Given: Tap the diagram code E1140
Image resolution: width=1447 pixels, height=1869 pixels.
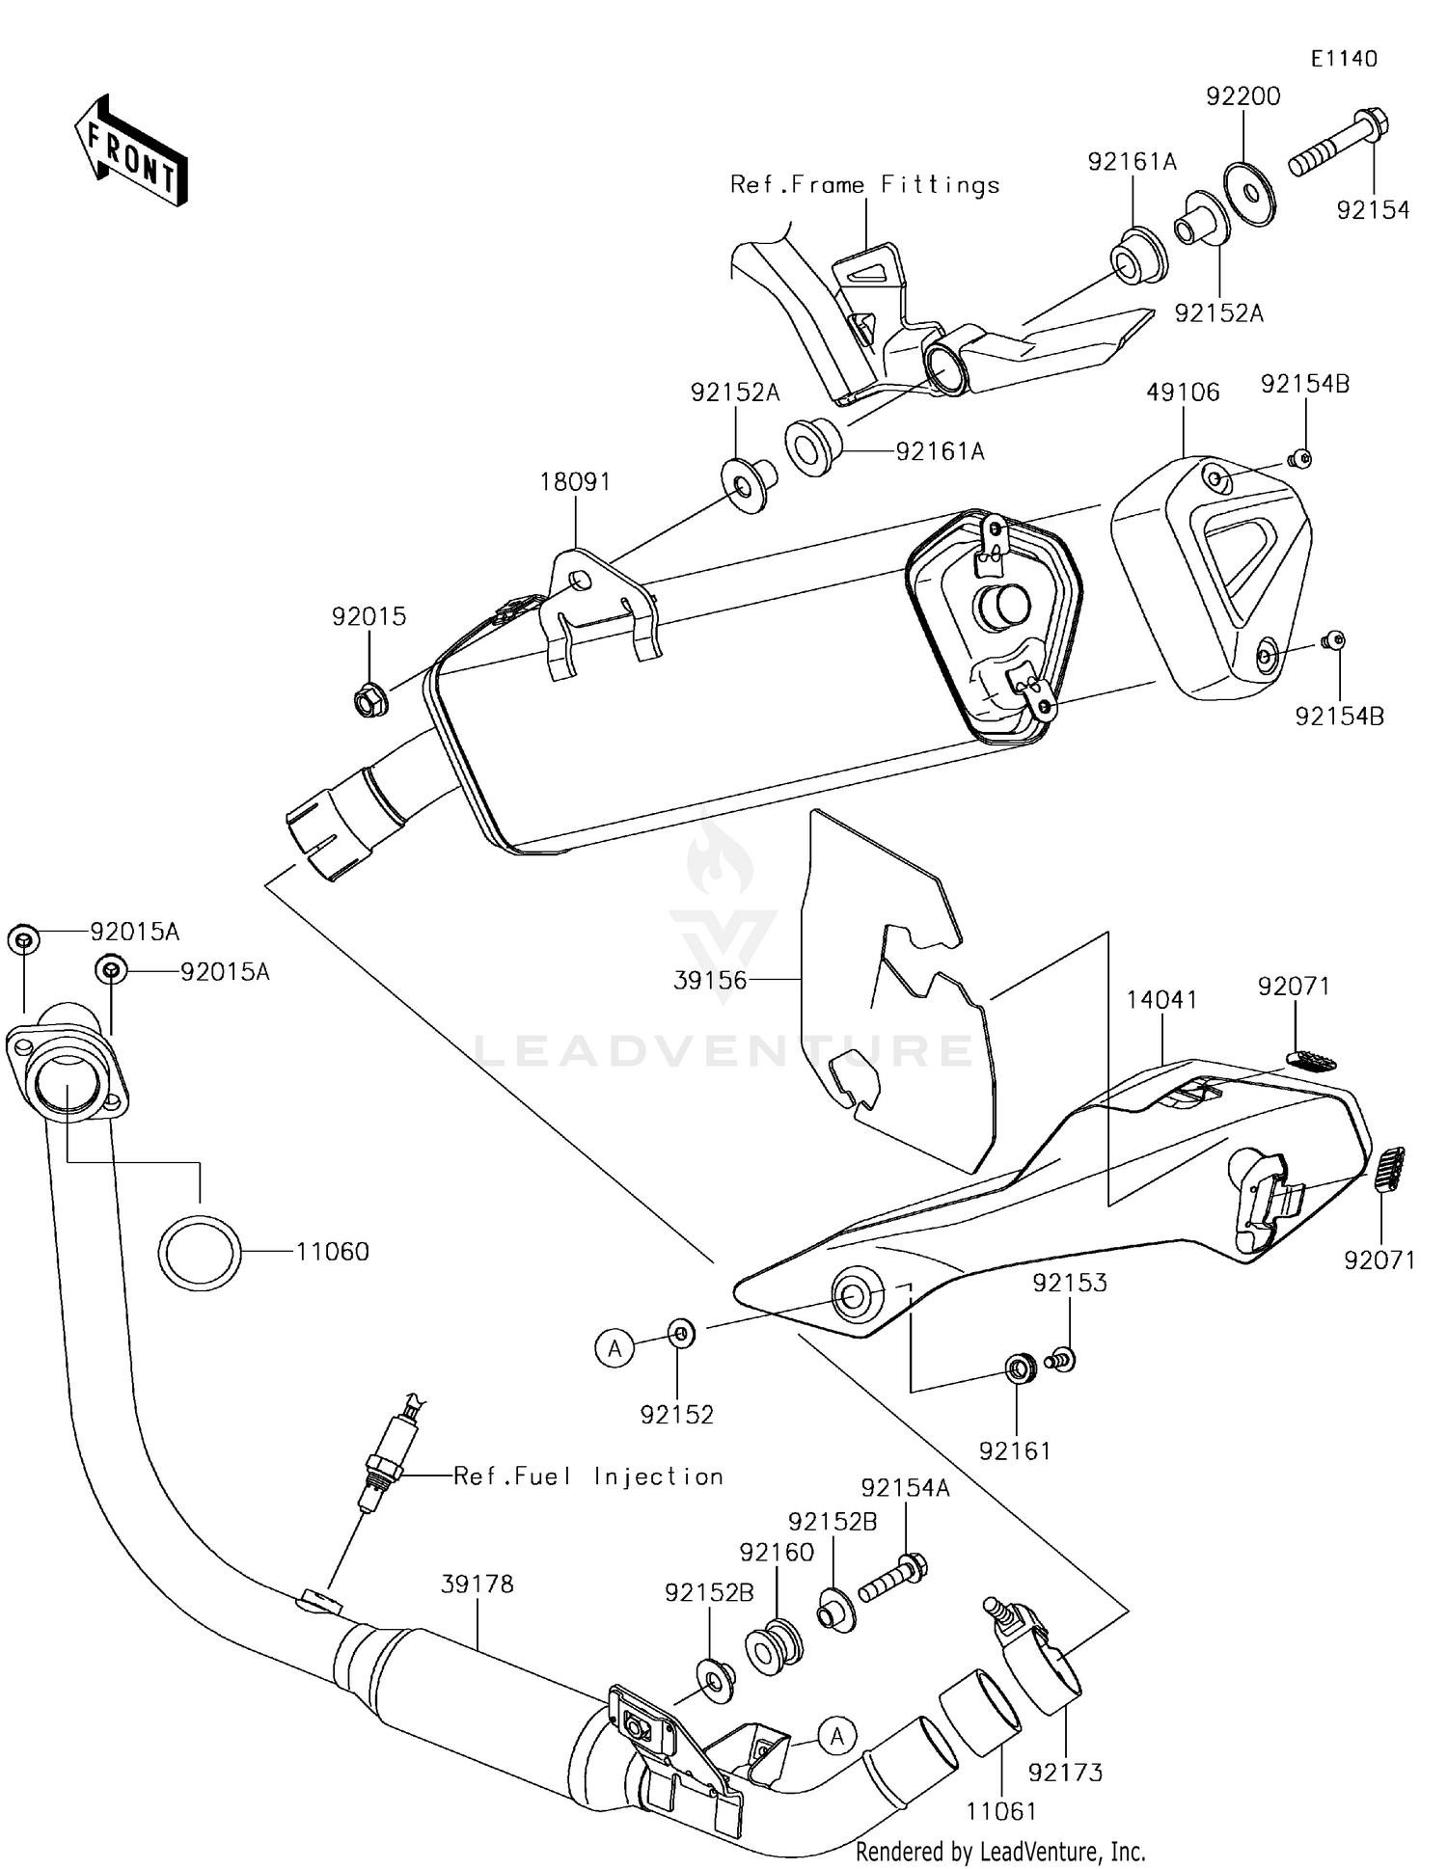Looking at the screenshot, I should point(1344,59).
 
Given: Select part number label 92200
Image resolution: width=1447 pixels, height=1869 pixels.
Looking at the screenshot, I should point(1243,96).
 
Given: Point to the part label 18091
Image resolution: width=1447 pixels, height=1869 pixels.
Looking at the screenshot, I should point(575,481).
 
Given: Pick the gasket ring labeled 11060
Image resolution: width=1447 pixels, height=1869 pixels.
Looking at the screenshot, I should point(200,1252).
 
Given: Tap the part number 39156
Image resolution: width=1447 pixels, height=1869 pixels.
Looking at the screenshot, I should point(710,980).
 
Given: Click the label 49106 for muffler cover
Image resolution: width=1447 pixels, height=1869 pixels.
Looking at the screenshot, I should point(1183,392).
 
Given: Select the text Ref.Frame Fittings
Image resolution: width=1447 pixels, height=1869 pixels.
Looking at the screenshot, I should point(864,185).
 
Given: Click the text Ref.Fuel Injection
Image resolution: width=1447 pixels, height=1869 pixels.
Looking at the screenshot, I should point(588,1476).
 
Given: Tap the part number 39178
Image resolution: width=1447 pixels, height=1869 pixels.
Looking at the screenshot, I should point(478,1584).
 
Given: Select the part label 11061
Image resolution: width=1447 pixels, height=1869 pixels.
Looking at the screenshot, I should point(1001,1811).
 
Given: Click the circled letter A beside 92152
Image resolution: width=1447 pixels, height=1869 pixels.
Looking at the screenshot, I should point(614,1347).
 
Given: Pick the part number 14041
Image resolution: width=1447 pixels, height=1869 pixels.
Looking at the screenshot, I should point(1161,1000).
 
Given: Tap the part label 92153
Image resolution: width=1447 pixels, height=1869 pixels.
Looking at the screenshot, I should point(1070,1283).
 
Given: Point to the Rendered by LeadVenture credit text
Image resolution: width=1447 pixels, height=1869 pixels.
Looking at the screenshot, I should point(1000,1851).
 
